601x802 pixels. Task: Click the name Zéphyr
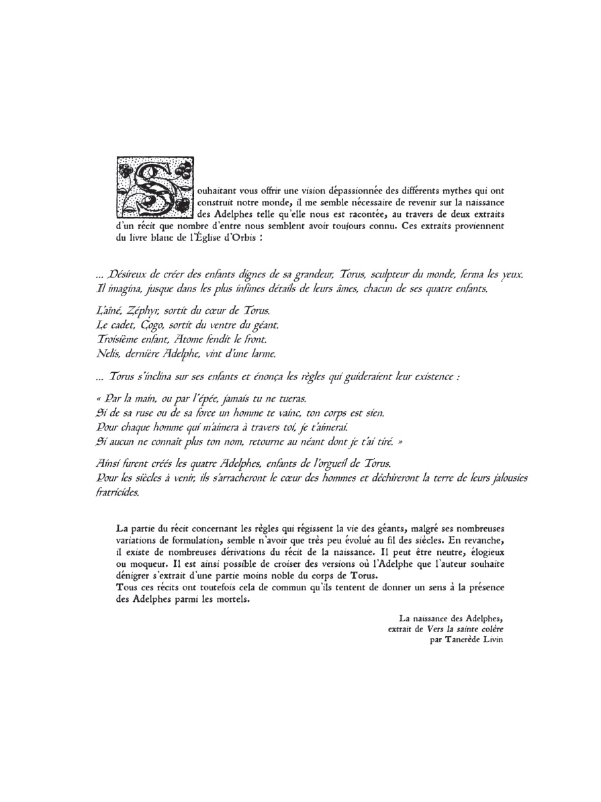tap(140, 312)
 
